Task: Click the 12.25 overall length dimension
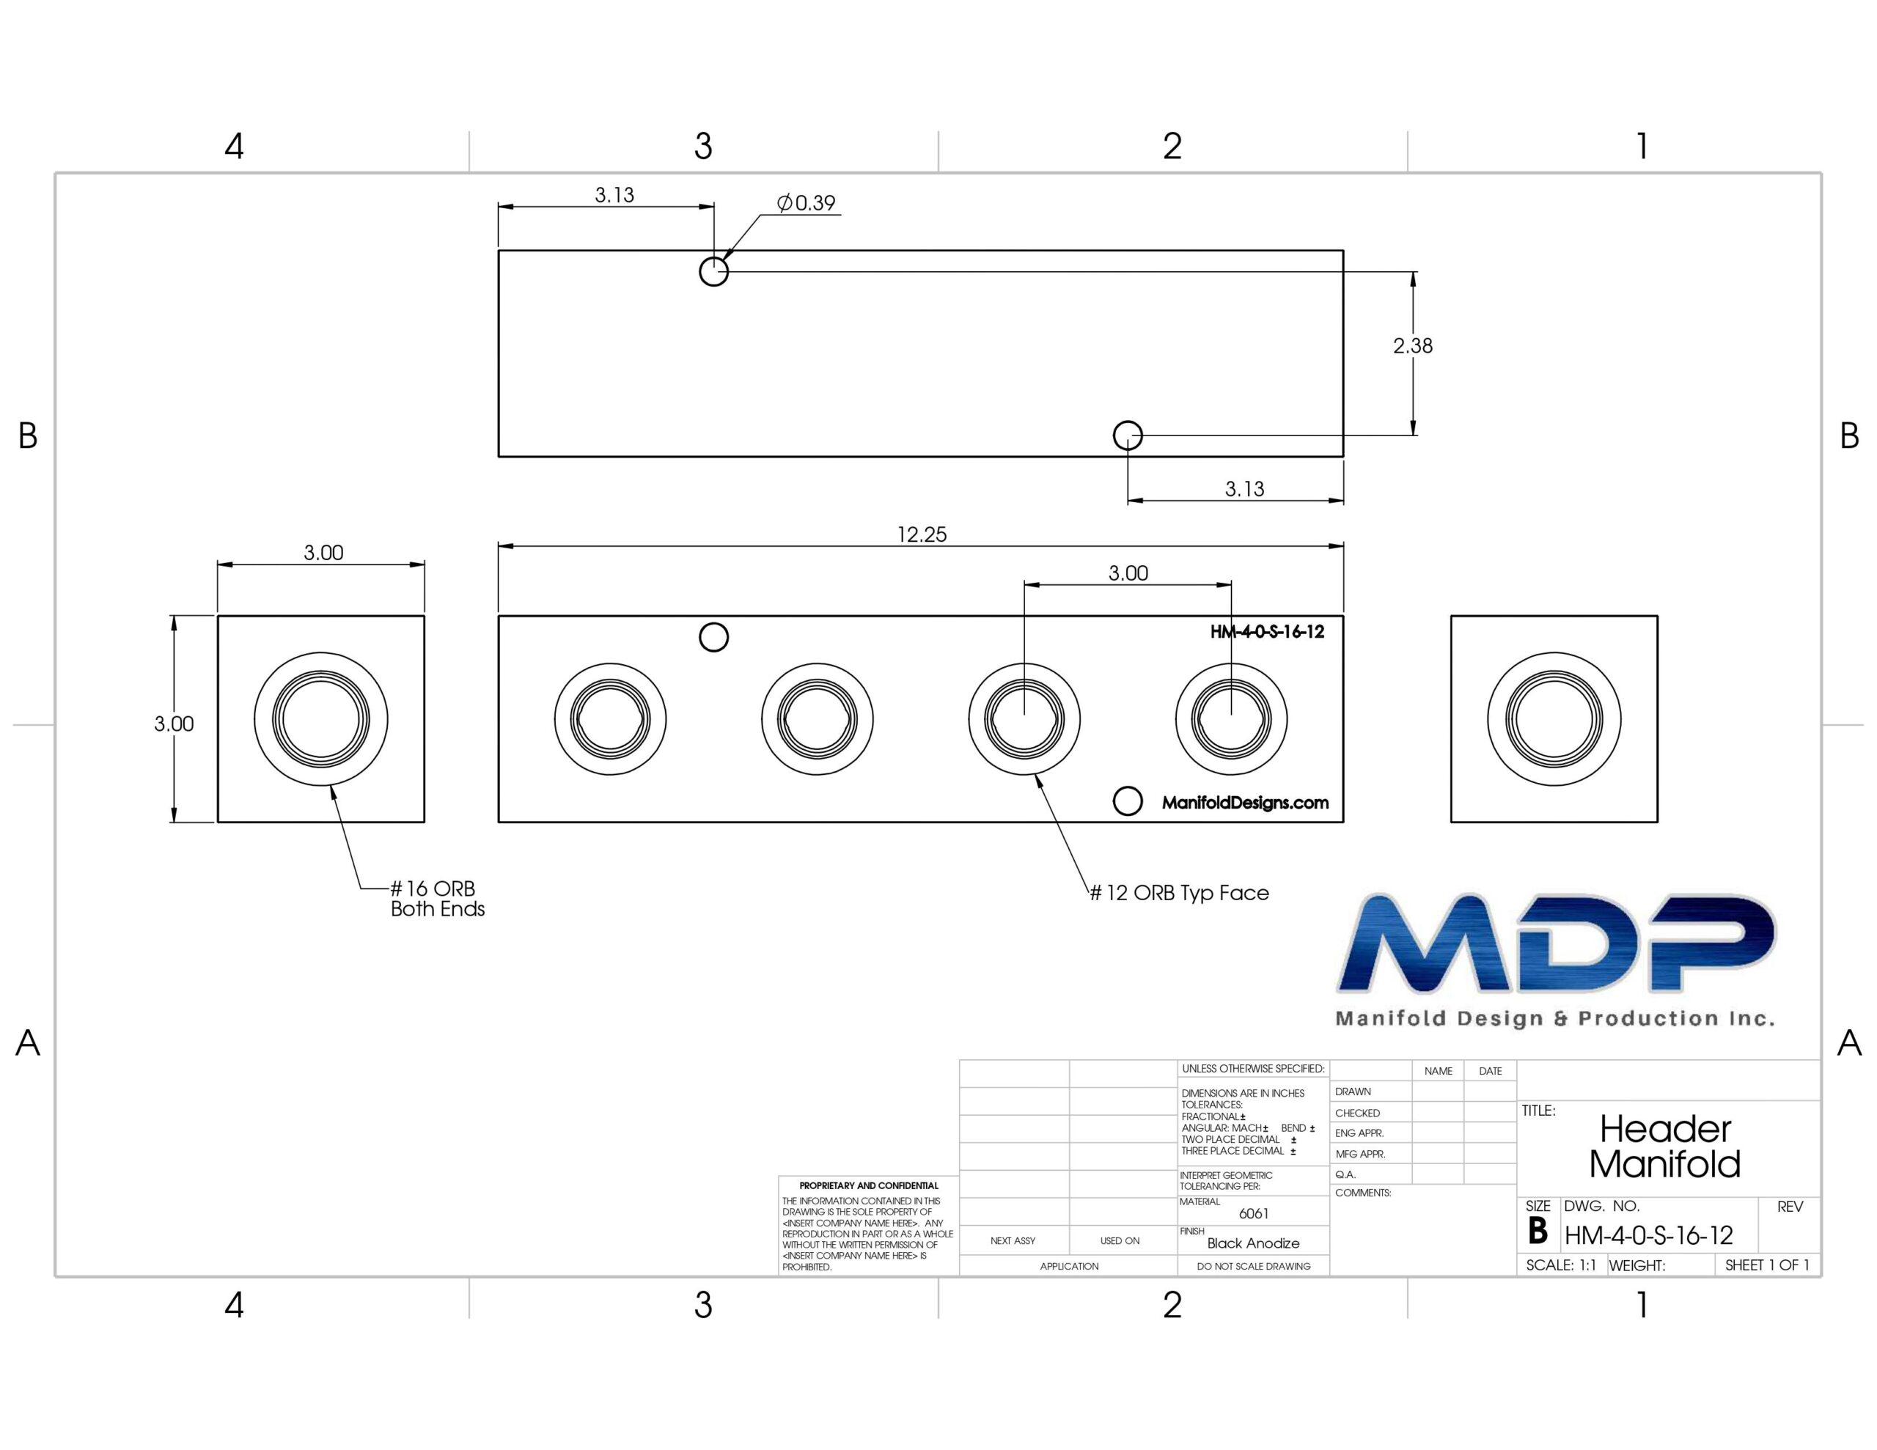(x=922, y=534)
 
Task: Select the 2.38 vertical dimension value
(x=1413, y=345)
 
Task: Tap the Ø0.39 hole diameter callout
(x=806, y=203)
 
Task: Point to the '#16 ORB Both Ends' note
(x=438, y=899)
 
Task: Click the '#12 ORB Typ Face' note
(x=1179, y=893)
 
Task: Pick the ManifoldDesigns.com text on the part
(x=1245, y=803)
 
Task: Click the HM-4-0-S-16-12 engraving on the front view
(x=1267, y=632)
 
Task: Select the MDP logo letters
(x=1556, y=942)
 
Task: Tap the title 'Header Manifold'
(x=1664, y=1147)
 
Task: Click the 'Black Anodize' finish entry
(x=1253, y=1243)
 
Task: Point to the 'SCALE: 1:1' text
(x=1561, y=1265)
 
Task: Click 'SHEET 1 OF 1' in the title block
(x=1767, y=1265)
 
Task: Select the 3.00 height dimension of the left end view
(x=174, y=724)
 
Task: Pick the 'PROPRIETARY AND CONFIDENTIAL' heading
(x=869, y=1185)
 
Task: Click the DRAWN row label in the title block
(x=1353, y=1092)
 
